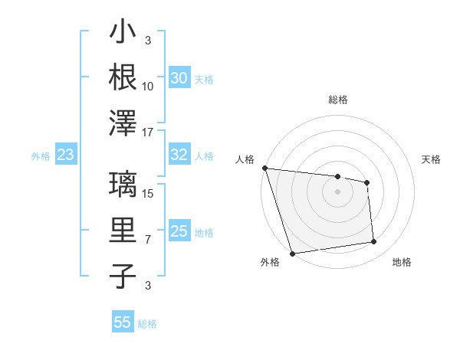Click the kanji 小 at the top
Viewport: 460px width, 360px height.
tap(123, 33)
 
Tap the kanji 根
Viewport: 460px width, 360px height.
tap(123, 77)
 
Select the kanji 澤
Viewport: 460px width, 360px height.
tap(123, 122)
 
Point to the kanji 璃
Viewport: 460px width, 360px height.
tap(123, 185)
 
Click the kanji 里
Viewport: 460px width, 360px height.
tap(123, 231)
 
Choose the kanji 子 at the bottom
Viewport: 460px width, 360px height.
tap(123, 277)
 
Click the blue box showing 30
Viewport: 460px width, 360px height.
tap(179, 78)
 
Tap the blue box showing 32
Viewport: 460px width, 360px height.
tap(179, 155)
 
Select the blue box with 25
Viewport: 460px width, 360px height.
tap(179, 231)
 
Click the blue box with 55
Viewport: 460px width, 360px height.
tap(123, 322)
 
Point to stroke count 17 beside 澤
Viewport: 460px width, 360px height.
tap(148, 131)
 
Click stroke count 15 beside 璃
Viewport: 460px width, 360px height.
tap(149, 194)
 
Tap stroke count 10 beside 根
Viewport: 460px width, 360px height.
tap(148, 85)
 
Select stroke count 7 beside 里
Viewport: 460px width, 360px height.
tap(148, 240)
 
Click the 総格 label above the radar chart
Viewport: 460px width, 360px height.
tap(337, 100)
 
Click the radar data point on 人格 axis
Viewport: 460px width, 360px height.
tap(264, 168)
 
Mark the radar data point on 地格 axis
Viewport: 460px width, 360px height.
tap(374, 242)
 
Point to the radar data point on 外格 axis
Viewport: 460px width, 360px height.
tap(292, 254)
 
